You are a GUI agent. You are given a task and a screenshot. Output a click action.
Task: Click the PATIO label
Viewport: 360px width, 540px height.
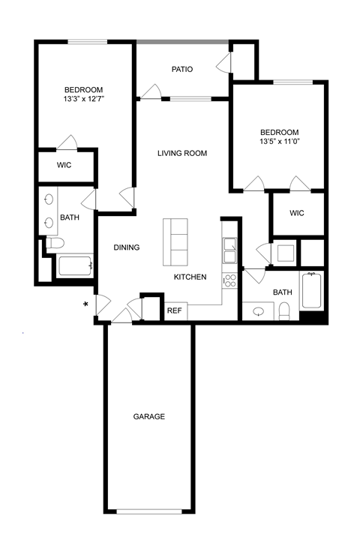(182, 69)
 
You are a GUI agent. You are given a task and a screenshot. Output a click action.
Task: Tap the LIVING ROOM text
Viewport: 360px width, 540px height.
(181, 153)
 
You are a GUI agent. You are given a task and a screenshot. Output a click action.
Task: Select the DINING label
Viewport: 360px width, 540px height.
(127, 247)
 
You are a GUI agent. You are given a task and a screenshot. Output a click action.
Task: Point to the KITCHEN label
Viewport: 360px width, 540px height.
(190, 277)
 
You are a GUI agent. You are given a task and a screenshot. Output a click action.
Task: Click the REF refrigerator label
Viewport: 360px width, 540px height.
(174, 310)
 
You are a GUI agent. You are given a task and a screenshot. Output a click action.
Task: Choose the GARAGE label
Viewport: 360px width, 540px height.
(148, 416)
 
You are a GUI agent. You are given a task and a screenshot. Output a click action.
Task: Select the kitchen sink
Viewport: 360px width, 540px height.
(229, 250)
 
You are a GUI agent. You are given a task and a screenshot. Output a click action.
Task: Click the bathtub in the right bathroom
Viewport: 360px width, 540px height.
(312, 291)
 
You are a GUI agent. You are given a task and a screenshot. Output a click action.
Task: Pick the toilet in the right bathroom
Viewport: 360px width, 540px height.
(284, 310)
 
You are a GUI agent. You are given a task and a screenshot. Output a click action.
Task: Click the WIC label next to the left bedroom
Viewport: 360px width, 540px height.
(64, 165)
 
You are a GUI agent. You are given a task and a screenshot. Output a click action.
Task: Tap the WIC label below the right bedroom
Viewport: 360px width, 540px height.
(297, 213)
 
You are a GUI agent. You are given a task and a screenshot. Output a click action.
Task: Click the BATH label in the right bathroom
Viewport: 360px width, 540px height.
(282, 292)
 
